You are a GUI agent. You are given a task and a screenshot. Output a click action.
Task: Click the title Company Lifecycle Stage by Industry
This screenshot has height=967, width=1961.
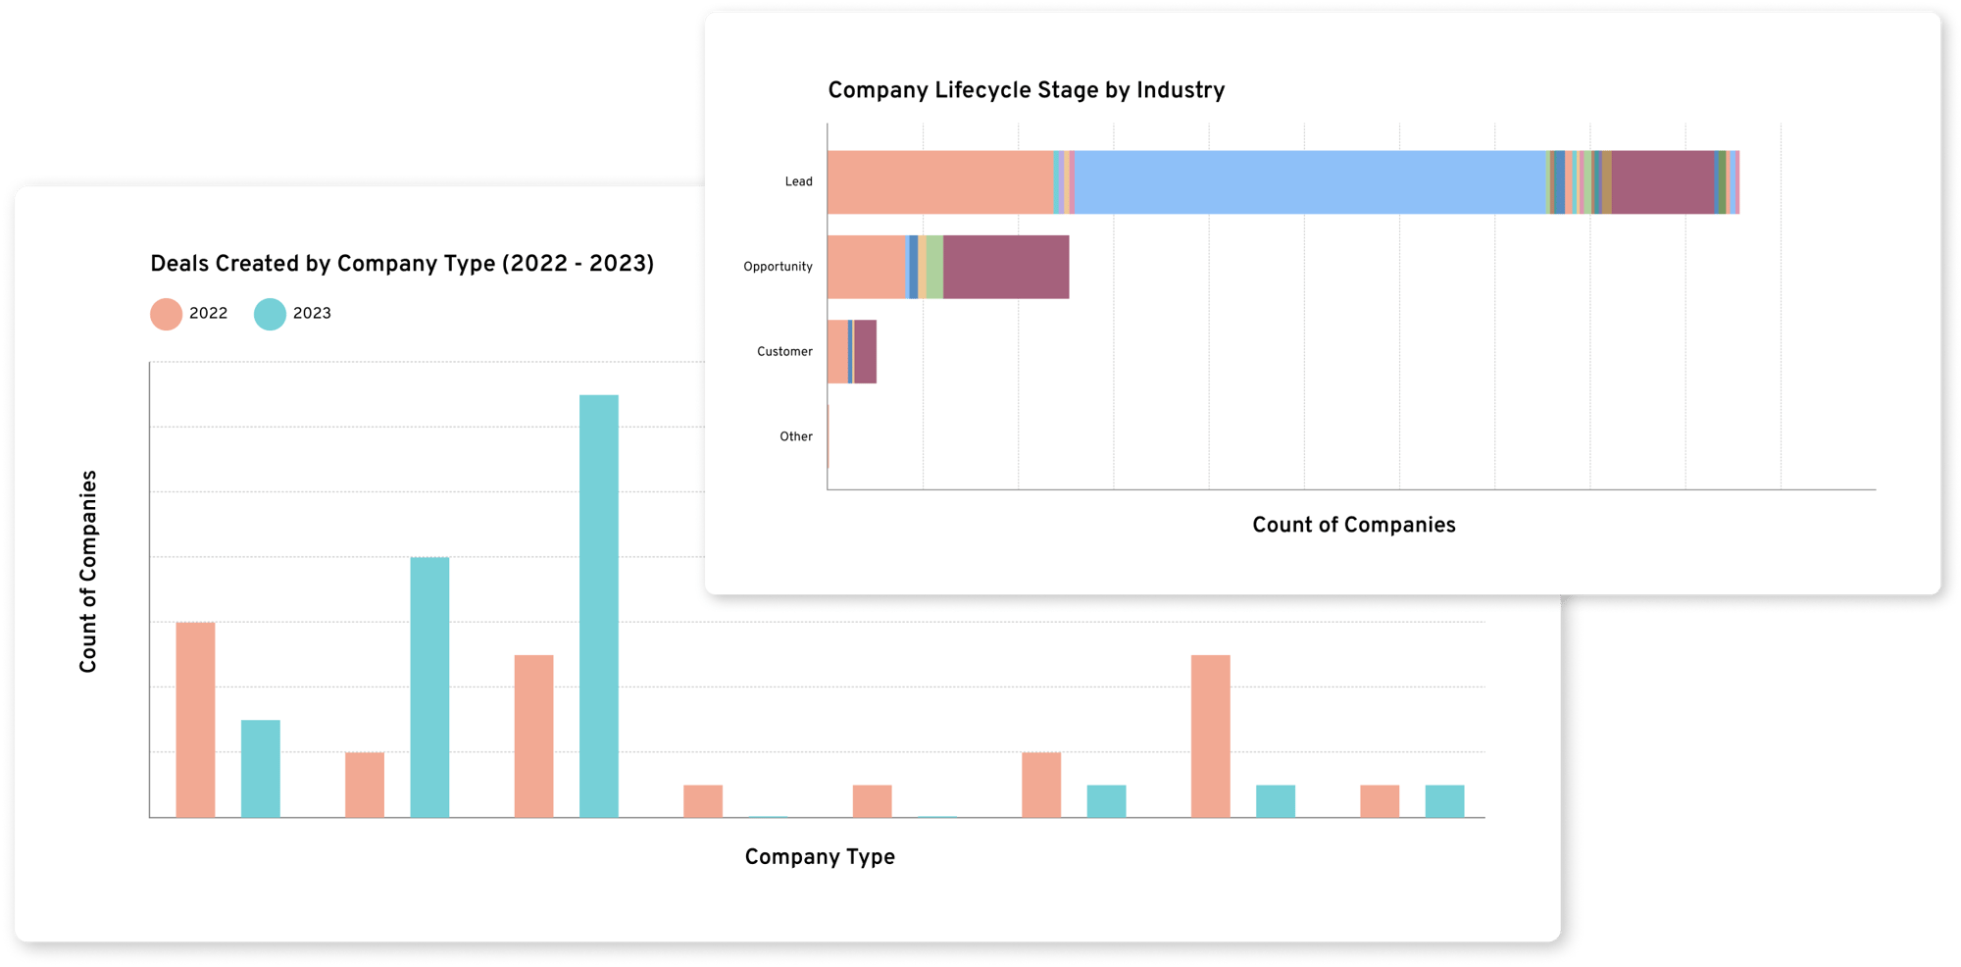pyautogui.click(x=1026, y=90)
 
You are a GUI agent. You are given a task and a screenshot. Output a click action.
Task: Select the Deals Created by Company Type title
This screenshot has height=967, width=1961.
pyautogui.click(x=402, y=264)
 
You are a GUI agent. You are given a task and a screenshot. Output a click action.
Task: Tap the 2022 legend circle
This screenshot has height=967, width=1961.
pyautogui.click(x=166, y=314)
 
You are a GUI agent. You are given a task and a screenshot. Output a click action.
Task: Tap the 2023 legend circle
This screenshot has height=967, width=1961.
pyautogui.click(x=270, y=314)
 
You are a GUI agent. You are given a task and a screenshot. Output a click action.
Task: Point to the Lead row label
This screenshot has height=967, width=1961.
pyautogui.click(x=798, y=181)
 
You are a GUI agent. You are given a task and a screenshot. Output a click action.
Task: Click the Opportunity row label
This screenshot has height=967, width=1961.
pyautogui.click(x=778, y=267)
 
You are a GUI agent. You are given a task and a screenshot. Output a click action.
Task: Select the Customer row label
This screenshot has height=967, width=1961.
pyautogui.click(x=784, y=351)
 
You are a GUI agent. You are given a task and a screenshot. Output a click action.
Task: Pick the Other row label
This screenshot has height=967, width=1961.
pyautogui.click(x=795, y=436)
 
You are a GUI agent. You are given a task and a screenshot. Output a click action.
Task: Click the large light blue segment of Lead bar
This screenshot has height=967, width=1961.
pyautogui.click(x=1309, y=182)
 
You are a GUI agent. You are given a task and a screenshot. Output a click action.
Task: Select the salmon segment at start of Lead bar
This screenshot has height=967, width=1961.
pyautogui.click(x=939, y=182)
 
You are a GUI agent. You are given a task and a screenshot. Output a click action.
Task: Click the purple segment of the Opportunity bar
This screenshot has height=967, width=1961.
pyautogui.click(x=1005, y=267)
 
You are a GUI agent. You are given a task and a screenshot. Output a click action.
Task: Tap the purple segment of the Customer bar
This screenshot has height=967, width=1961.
pyautogui.click(x=865, y=351)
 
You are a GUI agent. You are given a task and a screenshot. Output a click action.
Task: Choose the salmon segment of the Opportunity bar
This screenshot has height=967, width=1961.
pyautogui.click(x=866, y=267)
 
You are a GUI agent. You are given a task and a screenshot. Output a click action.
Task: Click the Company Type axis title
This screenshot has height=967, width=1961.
pyautogui.click(x=820, y=857)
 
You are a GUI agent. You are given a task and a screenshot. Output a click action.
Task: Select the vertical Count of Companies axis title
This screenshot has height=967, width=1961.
pyautogui.click(x=88, y=572)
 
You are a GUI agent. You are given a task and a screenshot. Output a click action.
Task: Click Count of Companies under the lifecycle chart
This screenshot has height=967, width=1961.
pyautogui.click(x=1353, y=525)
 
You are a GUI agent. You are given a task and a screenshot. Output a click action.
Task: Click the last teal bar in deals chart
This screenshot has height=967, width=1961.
pyautogui.click(x=1444, y=800)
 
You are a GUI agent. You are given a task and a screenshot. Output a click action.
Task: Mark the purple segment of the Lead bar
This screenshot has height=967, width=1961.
pyautogui.click(x=1662, y=182)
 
